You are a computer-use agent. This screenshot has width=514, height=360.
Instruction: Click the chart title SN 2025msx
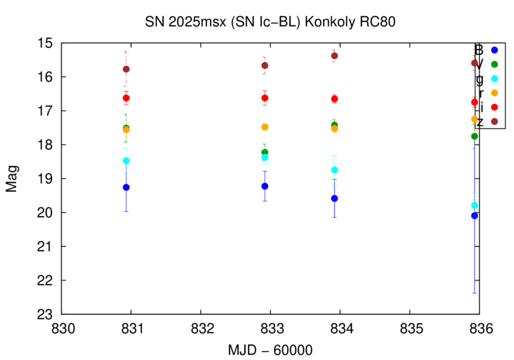click(270, 21)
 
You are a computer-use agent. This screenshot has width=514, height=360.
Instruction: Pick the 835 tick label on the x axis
click(410, 328)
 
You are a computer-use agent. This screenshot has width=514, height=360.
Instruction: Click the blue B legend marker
click(494, 50)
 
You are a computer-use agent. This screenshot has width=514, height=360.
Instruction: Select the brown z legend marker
click(494, 121)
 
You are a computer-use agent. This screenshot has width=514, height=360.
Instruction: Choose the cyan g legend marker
click(494, 78)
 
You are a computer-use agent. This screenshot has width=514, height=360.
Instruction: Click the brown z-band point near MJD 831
click(126, 69)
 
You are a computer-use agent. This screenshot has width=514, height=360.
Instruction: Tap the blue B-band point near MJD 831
click(127, 187)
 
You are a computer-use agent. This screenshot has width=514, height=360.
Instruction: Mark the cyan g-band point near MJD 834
click(334, 170)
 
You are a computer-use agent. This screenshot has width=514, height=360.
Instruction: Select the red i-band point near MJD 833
click(265, 98)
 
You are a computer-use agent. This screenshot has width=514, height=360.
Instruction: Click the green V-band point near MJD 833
click(265, 152)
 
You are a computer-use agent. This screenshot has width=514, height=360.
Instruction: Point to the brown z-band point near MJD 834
click(334, 56)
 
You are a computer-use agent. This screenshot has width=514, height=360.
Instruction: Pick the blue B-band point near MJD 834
click(334, 198)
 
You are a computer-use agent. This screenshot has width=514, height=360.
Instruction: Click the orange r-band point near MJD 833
click(265, 127)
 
